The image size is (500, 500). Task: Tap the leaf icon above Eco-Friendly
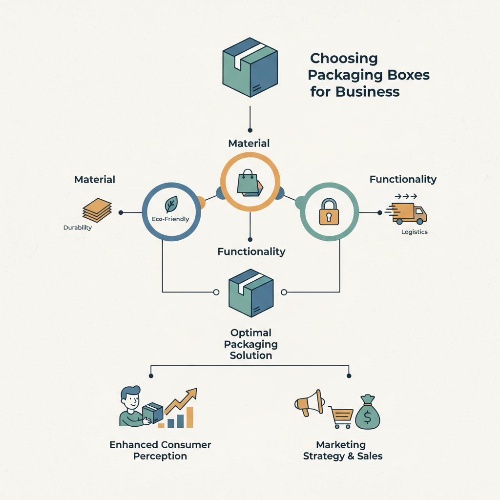click(171, 204)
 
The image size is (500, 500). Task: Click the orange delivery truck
click(409, 212)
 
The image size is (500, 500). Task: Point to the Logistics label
click(414, 232)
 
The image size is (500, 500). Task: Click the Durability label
click(78, 228)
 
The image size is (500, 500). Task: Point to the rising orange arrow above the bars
click(181, 399)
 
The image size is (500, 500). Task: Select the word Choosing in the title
click(344, 59)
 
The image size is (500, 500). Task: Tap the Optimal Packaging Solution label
click(250, 344)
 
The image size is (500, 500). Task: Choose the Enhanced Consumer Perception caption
click(160, 451)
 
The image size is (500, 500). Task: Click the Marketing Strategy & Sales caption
click(342, 451)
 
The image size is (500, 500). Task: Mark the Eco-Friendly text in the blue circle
click(171, 219)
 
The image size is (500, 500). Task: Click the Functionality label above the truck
click(402, 179)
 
